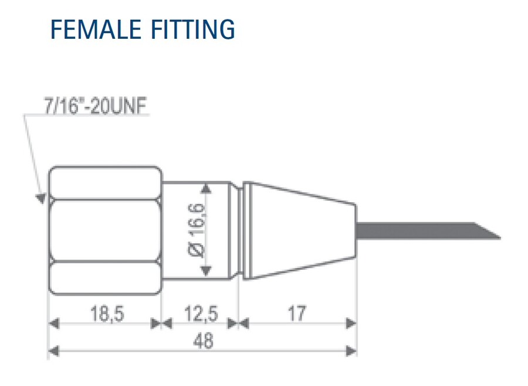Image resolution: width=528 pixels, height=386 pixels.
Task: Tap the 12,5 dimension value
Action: click(201, 314)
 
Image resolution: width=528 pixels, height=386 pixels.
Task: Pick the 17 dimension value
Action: click(297, 314)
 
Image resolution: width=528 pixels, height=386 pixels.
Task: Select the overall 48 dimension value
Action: click(203, 341)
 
